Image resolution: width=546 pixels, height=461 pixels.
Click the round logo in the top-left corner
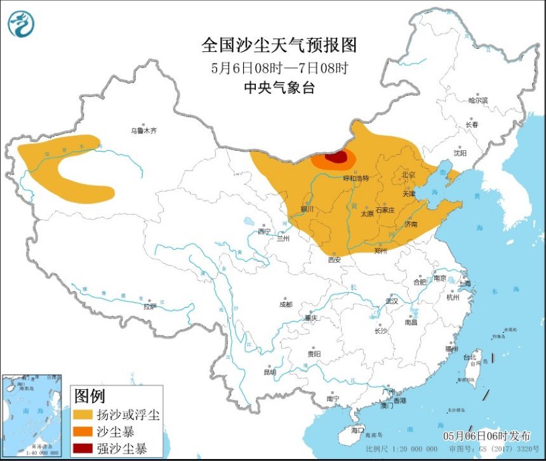click(x=21, y=23)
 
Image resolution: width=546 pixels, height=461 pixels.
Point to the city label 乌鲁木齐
click(x=143, y=131)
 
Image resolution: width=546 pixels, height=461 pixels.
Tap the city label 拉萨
click(x=150, y=306)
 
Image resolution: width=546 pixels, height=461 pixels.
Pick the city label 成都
click(x=286, y=304)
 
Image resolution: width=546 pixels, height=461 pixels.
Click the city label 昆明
click(x=269, y=372)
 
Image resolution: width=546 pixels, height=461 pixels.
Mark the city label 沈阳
click(x=460, y=153)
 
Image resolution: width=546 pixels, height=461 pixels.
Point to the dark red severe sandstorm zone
click(x=336, y=158)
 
